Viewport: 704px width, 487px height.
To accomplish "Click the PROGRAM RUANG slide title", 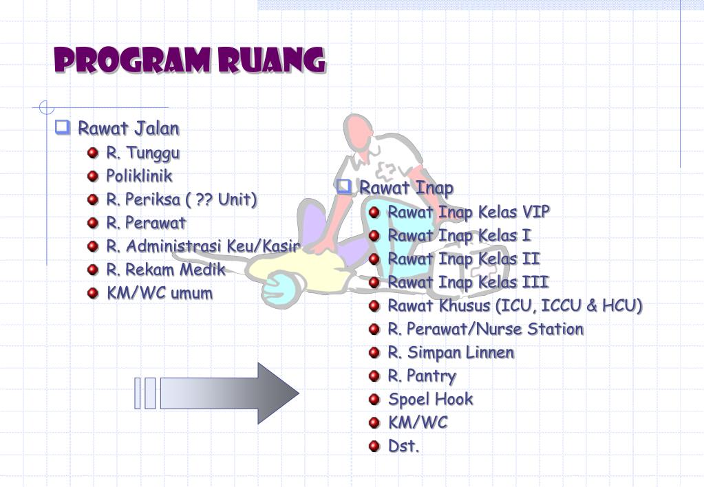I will pos(189,61).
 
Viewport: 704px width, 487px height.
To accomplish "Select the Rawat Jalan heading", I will pos(128,129).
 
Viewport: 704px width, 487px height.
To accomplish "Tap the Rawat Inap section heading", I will pos(406,188).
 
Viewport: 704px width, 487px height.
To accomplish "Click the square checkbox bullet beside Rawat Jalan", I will pos(63,127).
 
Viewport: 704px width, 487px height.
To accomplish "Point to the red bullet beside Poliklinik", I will pos(93,176).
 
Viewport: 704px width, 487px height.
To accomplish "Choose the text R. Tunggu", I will pos(142,153).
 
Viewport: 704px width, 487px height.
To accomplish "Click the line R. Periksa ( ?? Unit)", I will pos(181,199).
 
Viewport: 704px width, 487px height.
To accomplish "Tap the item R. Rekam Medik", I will pos(165,270).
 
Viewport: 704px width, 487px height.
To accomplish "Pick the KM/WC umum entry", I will pos(159,293).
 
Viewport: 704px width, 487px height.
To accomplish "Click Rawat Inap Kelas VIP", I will pos(469,212).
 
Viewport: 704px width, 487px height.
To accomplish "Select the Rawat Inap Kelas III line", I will pos(468,282).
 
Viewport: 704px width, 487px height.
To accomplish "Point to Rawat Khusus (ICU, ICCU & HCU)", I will pos(515,305).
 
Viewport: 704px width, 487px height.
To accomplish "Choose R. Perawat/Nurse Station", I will pos(485,329).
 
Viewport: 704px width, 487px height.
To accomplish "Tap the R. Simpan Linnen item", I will pos(451,352).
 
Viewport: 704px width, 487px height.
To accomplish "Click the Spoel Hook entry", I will pos(430,399).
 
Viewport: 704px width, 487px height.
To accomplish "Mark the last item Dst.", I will pos(403,446).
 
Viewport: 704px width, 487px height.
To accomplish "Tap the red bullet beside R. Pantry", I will pos(374,376).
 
